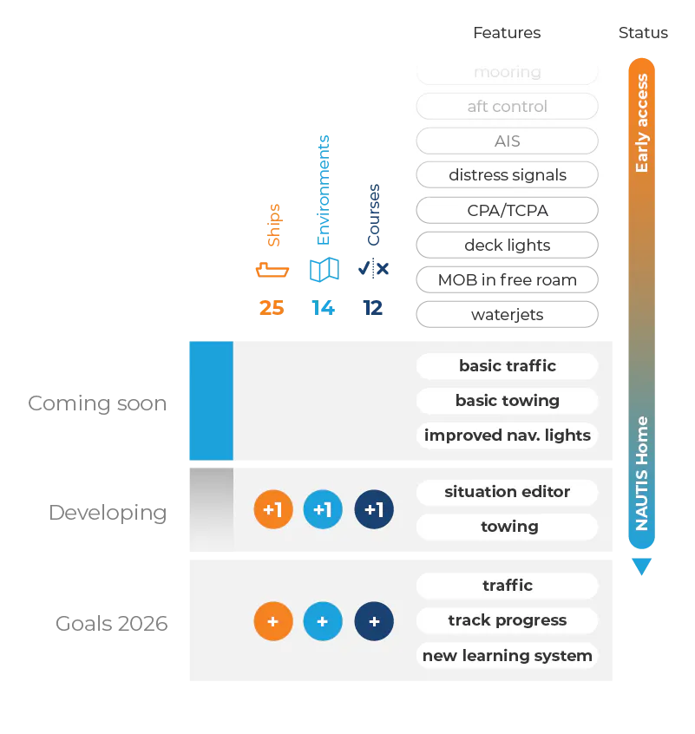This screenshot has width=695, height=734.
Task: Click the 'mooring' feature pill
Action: pyautogui.click(x=507, y=72)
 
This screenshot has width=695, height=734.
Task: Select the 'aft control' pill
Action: pyautogui.click(x=507, y=107)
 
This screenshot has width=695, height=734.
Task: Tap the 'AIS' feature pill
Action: pyautogui.click(x=507, y=141)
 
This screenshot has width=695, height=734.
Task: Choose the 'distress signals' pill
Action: pyautogui.click(x=507, y=175)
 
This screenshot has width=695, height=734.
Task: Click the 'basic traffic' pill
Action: pyautogui.click(x=507, y=366)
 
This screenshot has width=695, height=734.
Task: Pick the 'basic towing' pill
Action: pyautogui.click(x=507, y=401)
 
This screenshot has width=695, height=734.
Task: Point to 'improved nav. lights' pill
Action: pyautogui.click(x=507, y=436)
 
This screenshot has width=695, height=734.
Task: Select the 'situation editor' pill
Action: pyautogui.click(x=507, y=492)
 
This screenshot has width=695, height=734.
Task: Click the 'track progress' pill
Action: pyautogui.click(x=507, y=620)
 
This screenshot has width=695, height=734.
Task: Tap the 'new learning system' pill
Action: pyautogui.click(x=507, y=656)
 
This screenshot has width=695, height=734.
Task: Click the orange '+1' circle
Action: pyautogui.click(x=273, y=510)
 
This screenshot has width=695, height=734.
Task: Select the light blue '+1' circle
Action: pyautogui.click(x=323, y=510)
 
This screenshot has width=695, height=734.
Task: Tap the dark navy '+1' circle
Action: pyautogui.click(x=374, y=510)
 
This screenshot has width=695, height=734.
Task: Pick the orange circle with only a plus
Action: pyautogui.click(x=273, y=622)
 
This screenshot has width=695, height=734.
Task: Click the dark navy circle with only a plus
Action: pyautogui.click(x=374, y=622)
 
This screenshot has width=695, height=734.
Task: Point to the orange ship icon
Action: pyautogui.click(x=271, y=270)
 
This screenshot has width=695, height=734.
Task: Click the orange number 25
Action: pyautogui.click(x=271, y=308)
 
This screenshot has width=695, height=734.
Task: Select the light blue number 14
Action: pyautogui.click(x=322, y=308)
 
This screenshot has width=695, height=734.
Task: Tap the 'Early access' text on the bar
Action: pyautogui.click(x=642, y=122)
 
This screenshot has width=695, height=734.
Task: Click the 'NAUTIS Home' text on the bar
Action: pyautogui.click(x=642, y=473)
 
